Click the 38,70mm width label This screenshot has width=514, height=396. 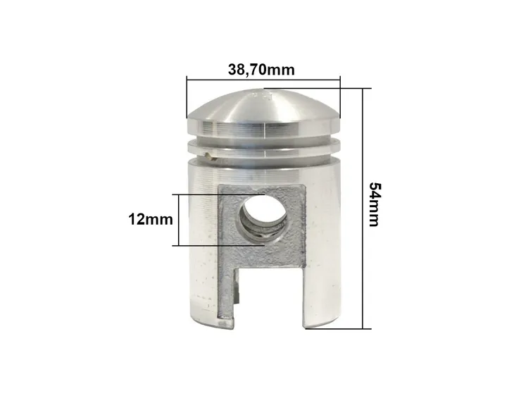[x=261, y=70]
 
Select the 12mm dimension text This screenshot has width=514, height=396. [x=151, y=219]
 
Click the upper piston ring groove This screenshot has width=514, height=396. [x=263, y=137]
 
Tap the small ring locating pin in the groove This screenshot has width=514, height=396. [x=210, y=156]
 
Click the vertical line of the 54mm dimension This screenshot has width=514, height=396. [x=363, y=209]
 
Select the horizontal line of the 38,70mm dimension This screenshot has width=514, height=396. [x=263, y=79]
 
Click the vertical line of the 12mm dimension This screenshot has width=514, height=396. [x=179, y=220]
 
